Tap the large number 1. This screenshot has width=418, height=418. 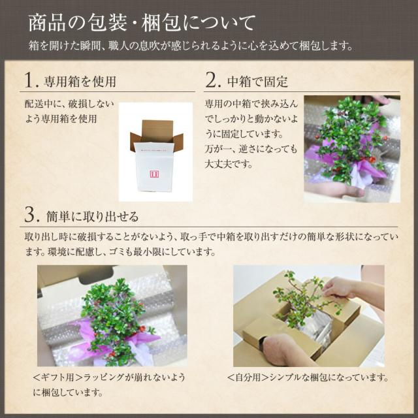click(x=30, y=80)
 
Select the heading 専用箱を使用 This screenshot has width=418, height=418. click(x=80, y=82)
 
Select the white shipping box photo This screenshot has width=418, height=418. click(x=156, y=152)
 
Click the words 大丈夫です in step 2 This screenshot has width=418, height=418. click(x=226, y=163)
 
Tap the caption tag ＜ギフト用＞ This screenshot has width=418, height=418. click(x=60, y=378)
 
